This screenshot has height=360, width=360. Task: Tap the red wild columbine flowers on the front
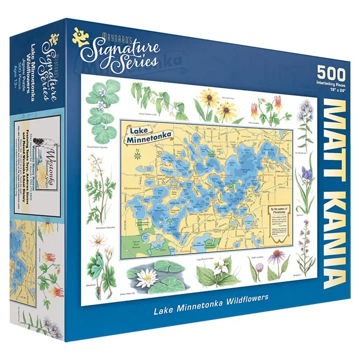[272, 105]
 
